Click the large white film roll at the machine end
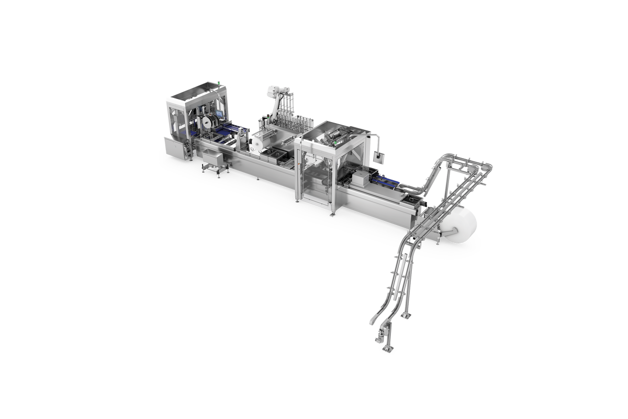pyautogui.click(x=460, y=225)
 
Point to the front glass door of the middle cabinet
pyautogui.click(x=316, y=181)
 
